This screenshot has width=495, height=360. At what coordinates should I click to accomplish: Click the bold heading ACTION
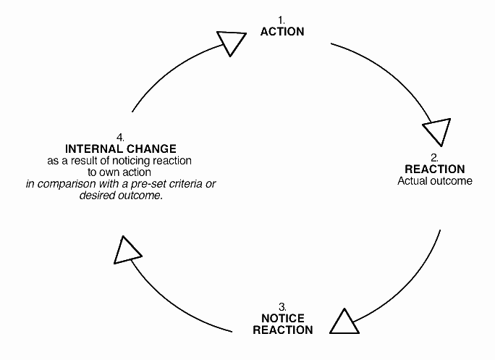click(x=282, y=32)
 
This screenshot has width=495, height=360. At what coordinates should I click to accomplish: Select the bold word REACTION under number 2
click(x=435, y=169)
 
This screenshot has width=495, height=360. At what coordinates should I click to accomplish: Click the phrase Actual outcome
click(x=435, y=180)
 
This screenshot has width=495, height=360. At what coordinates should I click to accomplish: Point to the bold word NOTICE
click(x=282, y=319)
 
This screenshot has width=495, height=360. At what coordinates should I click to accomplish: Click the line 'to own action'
click(x=119, y=172)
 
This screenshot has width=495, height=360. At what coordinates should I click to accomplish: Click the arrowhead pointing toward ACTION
click(x=232, y=43)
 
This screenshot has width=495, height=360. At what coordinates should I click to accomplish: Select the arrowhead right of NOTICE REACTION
click(x=344, y=321)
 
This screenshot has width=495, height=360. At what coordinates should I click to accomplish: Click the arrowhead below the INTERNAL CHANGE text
click(x=128, y=250)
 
